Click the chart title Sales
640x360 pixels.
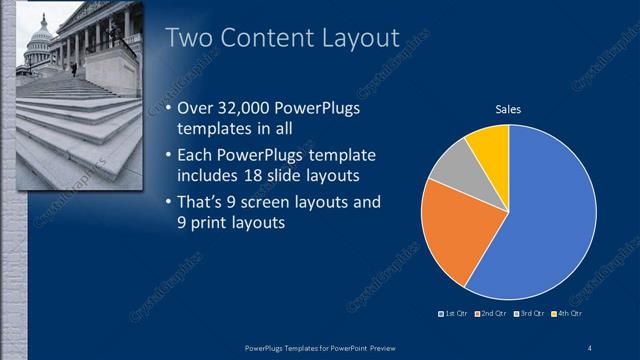tap(509, 111)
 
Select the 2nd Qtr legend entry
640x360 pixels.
tap(492, 314)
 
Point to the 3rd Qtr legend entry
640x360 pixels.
tap(530, 314)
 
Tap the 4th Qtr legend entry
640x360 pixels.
tap(568, 314)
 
